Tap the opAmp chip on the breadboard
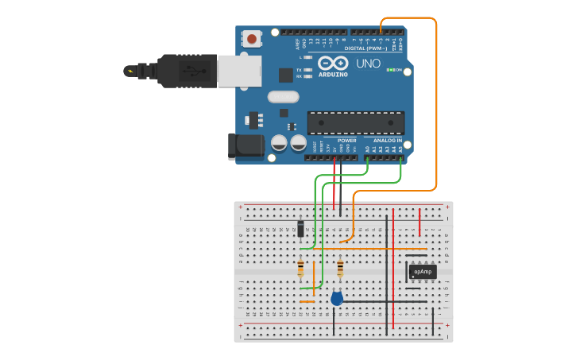click(x=423, y=272)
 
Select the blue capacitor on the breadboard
click(x=337, y=298)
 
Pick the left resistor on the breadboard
click(x=300, y=268)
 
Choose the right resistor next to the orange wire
click(x=340, y=268)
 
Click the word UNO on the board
click(x=367, y=63)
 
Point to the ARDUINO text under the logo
click(x=333, y=74)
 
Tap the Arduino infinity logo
click(x=333, y=62)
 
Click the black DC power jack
click(x=245, y=145)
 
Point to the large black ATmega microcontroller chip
click(x=355, y=123)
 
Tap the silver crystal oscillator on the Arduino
click(x=283, y=97)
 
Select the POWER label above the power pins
click(x=346, y=141)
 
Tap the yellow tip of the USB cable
click(x=130, y=71)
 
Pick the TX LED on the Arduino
click(x=307, y=70)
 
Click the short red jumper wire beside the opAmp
click(x=420, y=217)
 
